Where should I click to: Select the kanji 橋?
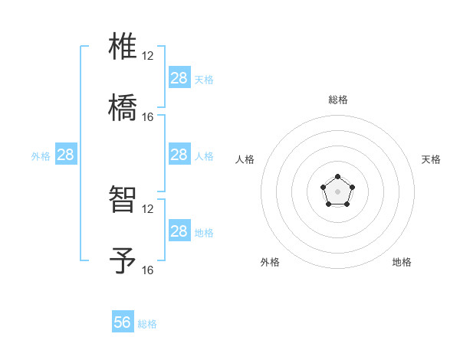123,107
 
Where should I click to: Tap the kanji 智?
123,201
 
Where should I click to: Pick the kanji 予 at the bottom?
123,260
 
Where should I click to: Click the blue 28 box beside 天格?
179,78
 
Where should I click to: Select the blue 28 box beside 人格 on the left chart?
179,155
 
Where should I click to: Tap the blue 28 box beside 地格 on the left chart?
179,231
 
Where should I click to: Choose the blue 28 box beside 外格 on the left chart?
66,155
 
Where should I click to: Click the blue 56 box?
123,322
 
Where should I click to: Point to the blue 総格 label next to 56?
148,324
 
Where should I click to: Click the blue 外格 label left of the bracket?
41,156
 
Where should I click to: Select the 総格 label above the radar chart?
338,100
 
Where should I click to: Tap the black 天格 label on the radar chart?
432,159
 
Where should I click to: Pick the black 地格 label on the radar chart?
402,262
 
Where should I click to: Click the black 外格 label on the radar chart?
270,262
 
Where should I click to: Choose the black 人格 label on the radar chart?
245,159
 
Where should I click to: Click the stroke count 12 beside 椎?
148,56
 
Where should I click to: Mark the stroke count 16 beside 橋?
148,117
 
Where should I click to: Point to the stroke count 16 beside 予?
148,270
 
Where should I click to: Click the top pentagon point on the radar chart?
338,178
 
